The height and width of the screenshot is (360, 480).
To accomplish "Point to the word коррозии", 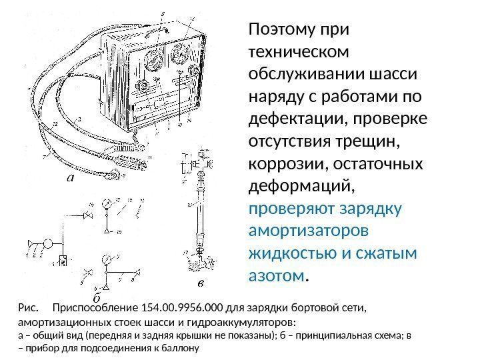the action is click(x=283, y=163).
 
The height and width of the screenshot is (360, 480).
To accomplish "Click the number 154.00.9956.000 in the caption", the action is click(x=182, y=309).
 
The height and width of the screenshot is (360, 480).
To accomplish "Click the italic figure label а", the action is click(x=71, y=178).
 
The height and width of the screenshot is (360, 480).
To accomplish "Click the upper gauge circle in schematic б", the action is click(x=106, y=203).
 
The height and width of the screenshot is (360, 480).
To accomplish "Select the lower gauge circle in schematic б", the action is click(x=106, y=259).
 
